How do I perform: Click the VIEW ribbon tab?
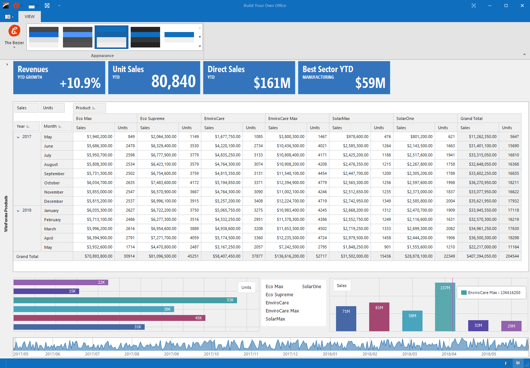click(x=29, y=17)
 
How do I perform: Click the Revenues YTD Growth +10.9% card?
click(x=59, y=78)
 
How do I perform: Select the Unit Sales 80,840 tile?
click(x=154, y=78)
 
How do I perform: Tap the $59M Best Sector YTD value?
click(x=370, y=83)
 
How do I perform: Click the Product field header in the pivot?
click(x=89, y=108)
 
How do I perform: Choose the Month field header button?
click(x=56, y=126)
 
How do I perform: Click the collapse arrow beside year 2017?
click(x=18, y=137)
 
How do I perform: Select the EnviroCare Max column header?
click(x=283, y=118)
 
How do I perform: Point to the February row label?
click(x=52, y=220)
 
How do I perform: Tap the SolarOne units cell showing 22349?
click(x=449, y=256)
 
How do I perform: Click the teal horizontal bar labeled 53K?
click(x=125, y=300)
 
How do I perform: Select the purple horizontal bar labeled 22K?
click(x=61, y=282)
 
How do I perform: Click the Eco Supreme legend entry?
click(x=279, y=295)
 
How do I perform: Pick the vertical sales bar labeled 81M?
click(x=379, y=317)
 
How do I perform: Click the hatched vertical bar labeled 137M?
click(x=445, y=307)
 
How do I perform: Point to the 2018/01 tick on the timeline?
click(x=330, y=354)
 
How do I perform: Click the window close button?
click(x=522, y=6)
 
